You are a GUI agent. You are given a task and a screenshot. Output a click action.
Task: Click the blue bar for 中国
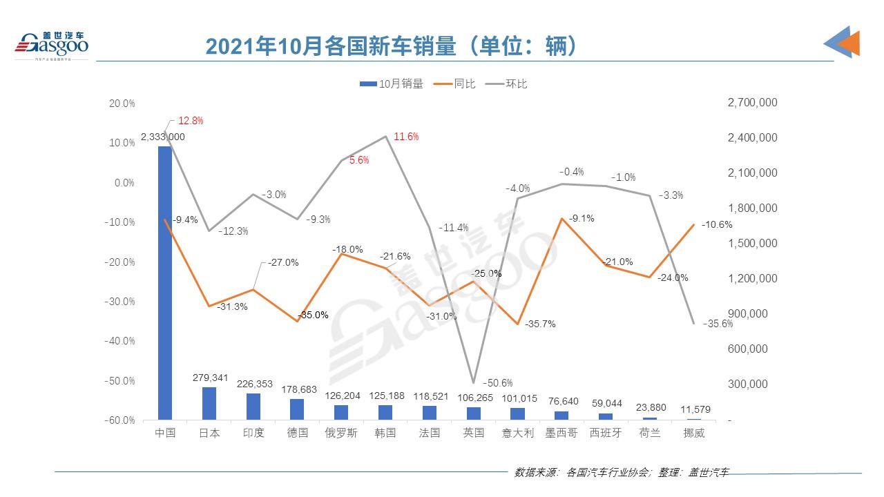pyautogui.click(x=164, y=282)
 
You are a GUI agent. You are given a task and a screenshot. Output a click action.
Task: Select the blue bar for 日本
pyautogui.click(x=209, y=403)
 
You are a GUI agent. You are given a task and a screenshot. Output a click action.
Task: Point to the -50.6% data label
pyautogui.click(x=497, y=382)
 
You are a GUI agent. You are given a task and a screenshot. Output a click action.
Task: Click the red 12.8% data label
pyautogui.click(x=191, y=121)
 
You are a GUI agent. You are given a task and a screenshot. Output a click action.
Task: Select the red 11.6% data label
pyautogui.click(x=406, y=137)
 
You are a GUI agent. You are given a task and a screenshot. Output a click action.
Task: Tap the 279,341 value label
pyautogui.click(x=209, y=378)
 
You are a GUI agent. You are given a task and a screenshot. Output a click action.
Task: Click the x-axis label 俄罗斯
pyautogui.click(x=341, y=433)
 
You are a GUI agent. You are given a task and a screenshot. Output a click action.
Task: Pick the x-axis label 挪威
pyautogui.click(x=693, y=433)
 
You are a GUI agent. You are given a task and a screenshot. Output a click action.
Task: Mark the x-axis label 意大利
pyautogui.click(x=517, y=433)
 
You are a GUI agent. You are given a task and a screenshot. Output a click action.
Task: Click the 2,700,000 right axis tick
pyautogui.click(x=752, y=103)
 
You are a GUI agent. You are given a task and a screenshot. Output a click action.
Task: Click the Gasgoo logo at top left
pyautogui.click(x=52, y=45)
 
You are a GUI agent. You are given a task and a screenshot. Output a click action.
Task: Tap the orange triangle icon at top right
pyautogui.click(x=848, y=43)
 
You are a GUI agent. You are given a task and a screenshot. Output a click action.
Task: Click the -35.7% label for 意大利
pyautogui.click(x=540, y=324)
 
